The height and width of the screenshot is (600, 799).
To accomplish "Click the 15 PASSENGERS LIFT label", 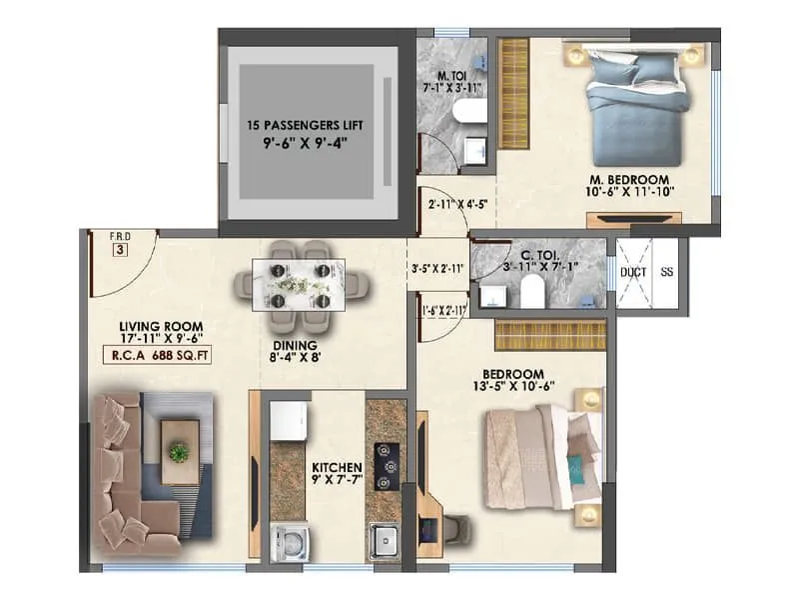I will pos(305,126).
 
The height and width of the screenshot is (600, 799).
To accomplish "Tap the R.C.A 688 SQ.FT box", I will pos(160,353).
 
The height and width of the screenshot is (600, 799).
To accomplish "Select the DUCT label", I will pos(633,271).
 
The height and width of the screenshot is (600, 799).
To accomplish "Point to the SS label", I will pos(666,271).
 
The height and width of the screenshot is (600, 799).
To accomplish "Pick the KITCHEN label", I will pos(336,467).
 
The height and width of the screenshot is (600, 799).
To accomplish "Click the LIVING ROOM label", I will pos(161,326).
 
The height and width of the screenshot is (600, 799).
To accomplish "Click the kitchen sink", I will pos(385,541).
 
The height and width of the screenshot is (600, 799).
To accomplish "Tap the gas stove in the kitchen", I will pos(387,465).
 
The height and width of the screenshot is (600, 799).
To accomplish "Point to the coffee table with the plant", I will pos(180,451).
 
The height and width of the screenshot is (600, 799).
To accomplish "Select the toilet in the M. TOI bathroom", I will pos(470,111).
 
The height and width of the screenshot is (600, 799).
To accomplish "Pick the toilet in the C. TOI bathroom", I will pos(531,291).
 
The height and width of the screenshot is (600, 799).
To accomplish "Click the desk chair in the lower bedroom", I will pos(453,530).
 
